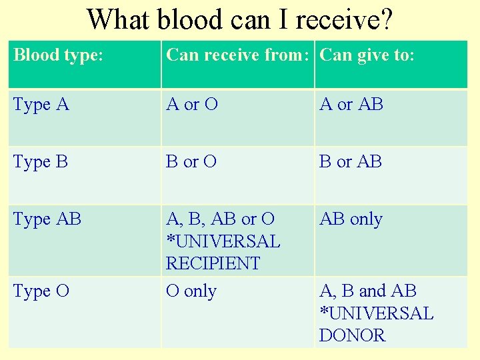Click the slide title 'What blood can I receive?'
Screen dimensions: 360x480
239,19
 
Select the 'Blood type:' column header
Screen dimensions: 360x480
58,55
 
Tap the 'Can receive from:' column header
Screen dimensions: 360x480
237,55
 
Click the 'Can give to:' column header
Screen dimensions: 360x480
367,55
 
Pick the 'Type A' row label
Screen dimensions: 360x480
41,105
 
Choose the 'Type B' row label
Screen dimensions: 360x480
41,162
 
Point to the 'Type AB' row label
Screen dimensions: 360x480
47,219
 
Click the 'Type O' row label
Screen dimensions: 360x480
41,291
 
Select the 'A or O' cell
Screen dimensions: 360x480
192,105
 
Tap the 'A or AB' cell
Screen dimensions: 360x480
351,105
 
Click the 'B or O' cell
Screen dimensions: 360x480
191,162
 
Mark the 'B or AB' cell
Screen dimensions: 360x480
351,162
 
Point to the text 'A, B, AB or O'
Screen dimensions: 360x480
221,219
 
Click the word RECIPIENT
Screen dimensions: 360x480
213,263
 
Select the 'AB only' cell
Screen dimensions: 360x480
351,219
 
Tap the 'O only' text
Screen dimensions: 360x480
191,291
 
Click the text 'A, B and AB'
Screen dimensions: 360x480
368,291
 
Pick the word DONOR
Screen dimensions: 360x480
353,335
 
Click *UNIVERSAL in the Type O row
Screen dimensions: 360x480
376,313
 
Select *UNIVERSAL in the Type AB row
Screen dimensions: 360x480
223,241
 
